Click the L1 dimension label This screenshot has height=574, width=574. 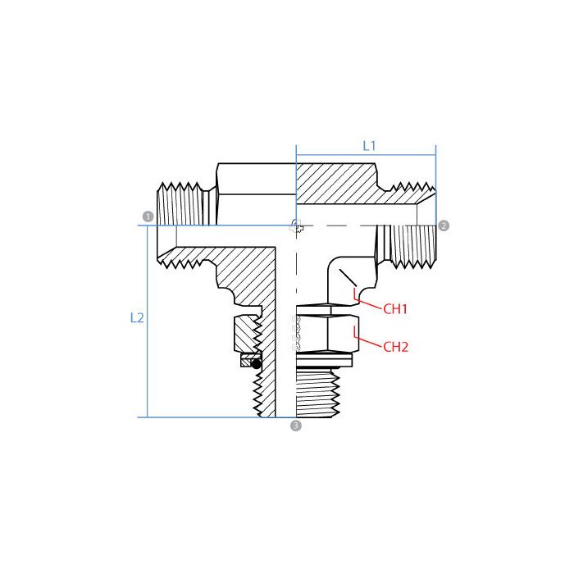pyautogui.click(x=369, y=145)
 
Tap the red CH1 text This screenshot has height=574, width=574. pyautogui.click(x=395, y=309)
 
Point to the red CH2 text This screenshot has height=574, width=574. pyautogui.click(x=395, y=346)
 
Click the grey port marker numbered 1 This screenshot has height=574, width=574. pyautogui.click(x=148, y=216)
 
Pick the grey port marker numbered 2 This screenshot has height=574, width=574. pyautogui.click(x=444, y=225)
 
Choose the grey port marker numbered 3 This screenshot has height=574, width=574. pyautogui.click(x=296, y=426)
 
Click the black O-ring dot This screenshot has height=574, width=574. pyautogui.click(x=256, y=362)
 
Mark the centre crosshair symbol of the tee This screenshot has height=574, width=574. pyautogui.click(x=296, y=225)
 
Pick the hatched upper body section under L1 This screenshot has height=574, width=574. pyautogui.click(x=336, y=184)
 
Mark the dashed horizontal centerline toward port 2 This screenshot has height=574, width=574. pyautogui.click(x=369, y=225)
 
